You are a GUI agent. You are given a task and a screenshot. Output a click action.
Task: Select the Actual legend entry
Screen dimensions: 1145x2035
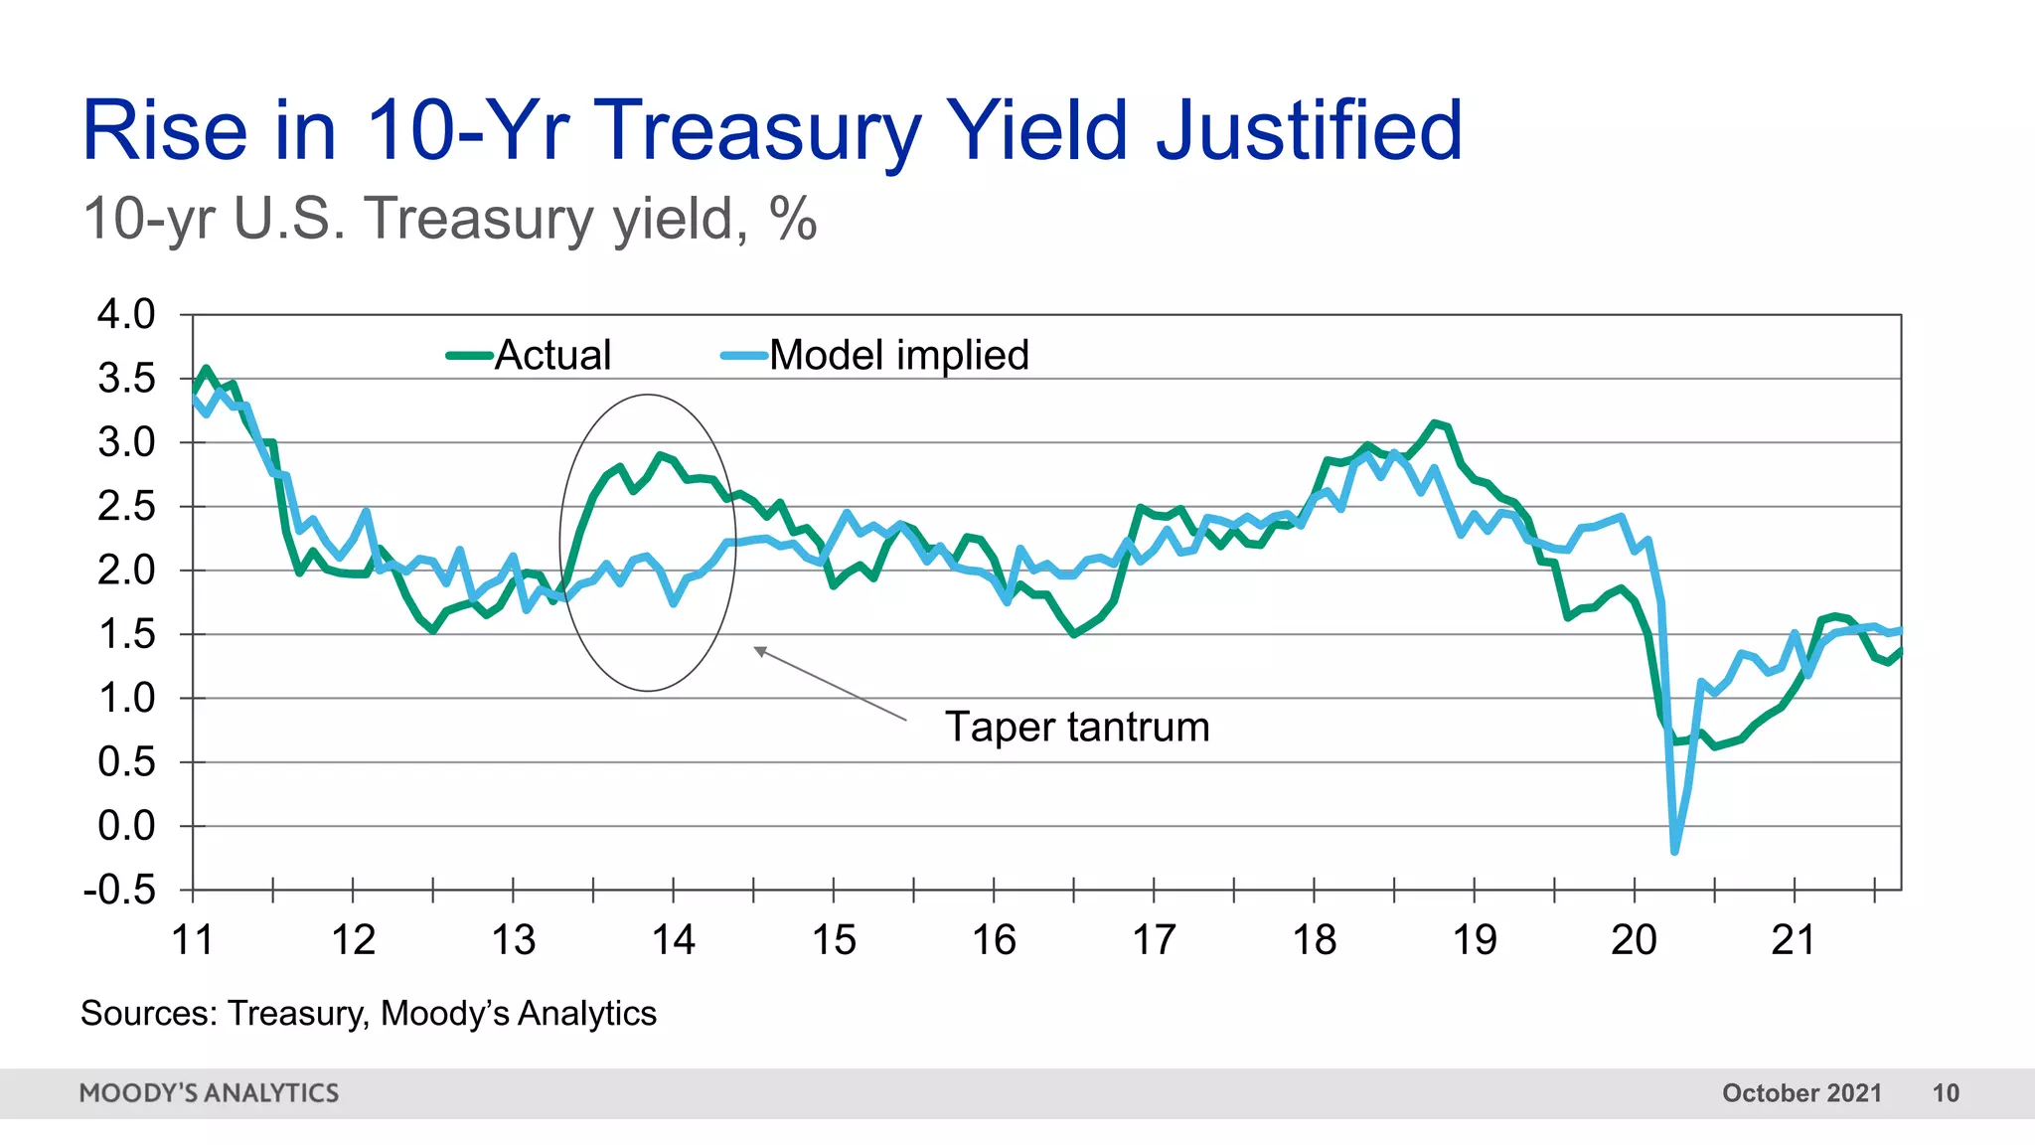click(x=551, y=355)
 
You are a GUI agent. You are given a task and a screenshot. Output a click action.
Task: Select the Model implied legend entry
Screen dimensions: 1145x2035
click(x=897, y=355)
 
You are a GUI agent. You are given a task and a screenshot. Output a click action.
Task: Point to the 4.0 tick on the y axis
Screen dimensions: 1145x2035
click(x=126, y=314)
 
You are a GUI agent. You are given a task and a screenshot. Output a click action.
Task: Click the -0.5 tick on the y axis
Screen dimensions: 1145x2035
click(x=120, y=890)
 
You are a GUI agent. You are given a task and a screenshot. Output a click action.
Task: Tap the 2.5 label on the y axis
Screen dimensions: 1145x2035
click(x=126, y=507)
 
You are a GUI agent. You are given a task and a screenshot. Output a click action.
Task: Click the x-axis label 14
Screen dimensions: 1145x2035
click(x=673, y=940)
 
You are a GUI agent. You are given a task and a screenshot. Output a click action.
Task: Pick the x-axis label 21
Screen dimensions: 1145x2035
click(x=1794, y=940)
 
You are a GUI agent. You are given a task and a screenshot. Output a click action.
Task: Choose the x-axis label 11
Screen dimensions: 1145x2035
click(x=193, y=940)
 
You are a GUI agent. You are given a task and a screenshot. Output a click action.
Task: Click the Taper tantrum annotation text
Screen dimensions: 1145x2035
click(x=1076, y=727)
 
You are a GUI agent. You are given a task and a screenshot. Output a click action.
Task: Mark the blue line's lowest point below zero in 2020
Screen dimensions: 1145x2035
click(x=1674, y=852)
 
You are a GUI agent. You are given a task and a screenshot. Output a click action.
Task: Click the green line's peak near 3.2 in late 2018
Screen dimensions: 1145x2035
click(x=1435, y=423)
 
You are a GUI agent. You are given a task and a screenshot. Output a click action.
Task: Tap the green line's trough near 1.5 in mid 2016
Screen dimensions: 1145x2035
click(x=1074, y=633)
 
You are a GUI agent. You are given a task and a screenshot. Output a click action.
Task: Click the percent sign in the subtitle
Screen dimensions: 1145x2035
click(x=792, y=219)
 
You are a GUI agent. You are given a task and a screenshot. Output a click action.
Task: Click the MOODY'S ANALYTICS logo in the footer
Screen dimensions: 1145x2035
click(x=209, y=1093)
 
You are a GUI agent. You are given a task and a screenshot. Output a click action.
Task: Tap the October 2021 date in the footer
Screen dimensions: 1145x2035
click(x=1801, y=1093)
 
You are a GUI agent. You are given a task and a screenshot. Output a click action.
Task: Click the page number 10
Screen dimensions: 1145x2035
click(x=1945, y=1093)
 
